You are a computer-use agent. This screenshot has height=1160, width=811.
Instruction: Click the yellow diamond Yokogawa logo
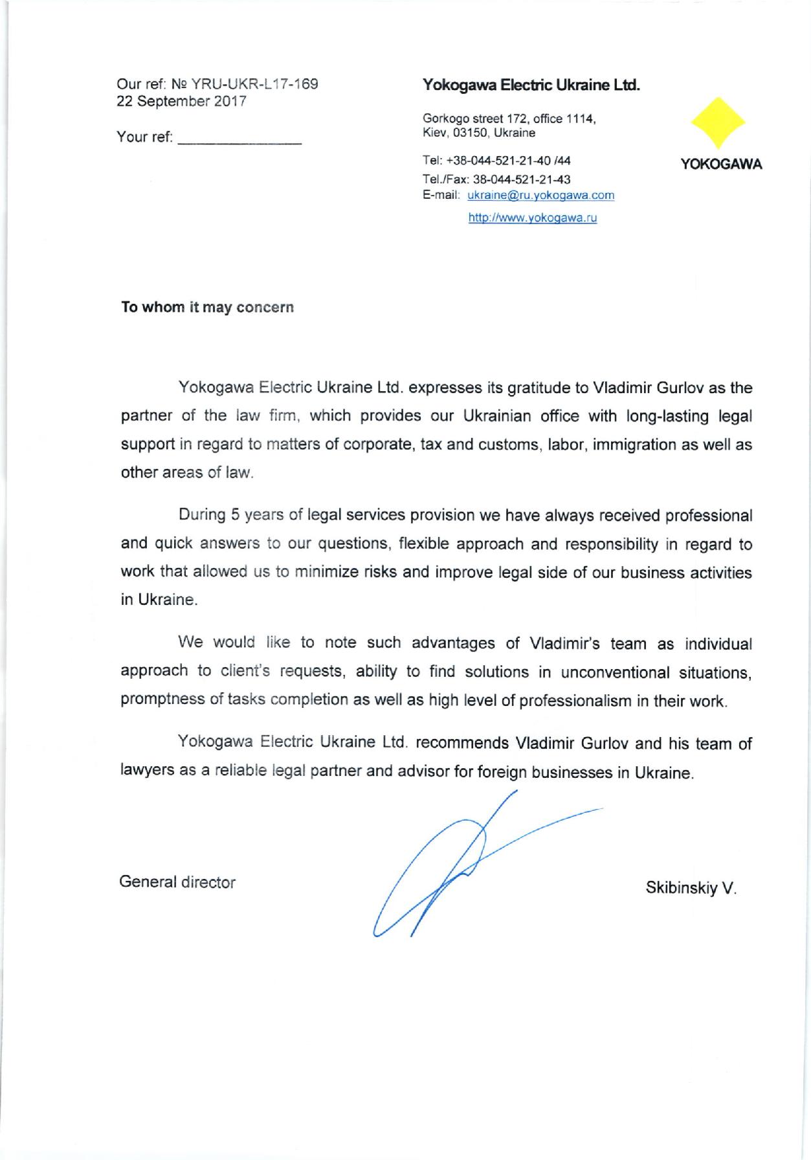718,124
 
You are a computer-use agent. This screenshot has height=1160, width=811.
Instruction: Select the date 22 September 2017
181,102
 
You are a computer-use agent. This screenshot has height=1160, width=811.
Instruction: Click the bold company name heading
531,84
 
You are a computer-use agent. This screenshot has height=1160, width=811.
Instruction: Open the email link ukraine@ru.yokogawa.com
540,195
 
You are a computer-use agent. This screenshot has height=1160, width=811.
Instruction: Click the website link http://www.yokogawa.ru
532,218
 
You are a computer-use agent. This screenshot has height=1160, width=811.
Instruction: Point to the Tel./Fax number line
496,179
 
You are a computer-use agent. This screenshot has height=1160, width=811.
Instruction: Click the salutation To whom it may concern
208,307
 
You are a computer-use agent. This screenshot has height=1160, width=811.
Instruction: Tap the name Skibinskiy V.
691,888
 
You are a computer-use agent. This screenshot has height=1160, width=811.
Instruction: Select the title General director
177,881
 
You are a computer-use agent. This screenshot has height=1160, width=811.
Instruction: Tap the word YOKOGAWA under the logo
721,165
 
